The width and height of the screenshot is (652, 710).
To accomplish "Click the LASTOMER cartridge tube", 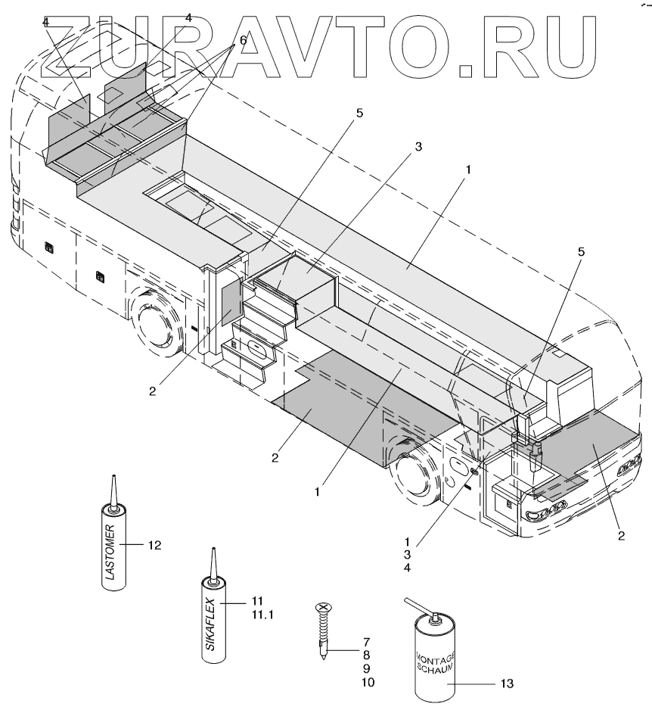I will click(114, 549).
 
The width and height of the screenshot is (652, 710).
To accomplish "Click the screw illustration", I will click(323, 629).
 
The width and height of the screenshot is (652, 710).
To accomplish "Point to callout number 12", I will click(154, 544).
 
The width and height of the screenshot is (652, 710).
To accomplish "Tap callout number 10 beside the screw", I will click(367, 682).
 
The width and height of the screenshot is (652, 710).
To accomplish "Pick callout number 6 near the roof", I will click(243, 39).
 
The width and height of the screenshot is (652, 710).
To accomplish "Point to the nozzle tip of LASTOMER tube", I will click(113, 478).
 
